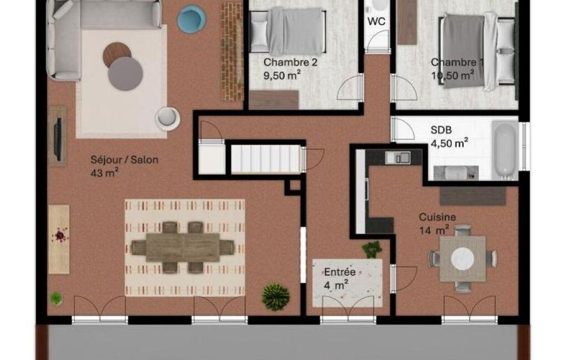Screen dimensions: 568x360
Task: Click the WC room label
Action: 376,22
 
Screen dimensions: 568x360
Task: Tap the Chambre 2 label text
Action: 290,62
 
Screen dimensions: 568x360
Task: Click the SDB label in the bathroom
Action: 441,130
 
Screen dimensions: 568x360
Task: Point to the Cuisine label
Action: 438,217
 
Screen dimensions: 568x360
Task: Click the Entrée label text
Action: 340,272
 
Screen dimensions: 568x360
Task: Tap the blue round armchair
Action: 192,19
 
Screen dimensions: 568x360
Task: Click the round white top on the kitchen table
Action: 463,259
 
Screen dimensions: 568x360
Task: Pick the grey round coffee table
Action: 125,74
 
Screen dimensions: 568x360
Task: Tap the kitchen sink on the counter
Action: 398,157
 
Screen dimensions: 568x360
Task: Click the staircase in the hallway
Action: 266,158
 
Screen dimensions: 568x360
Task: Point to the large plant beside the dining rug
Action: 275,297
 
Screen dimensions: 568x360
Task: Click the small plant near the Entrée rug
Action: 372,249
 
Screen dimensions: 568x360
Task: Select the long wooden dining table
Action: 183,248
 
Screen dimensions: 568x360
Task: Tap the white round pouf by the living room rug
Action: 168,117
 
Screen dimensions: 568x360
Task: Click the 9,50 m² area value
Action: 282,76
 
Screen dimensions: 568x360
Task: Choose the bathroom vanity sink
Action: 456,172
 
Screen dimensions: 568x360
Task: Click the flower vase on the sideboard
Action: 60,235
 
